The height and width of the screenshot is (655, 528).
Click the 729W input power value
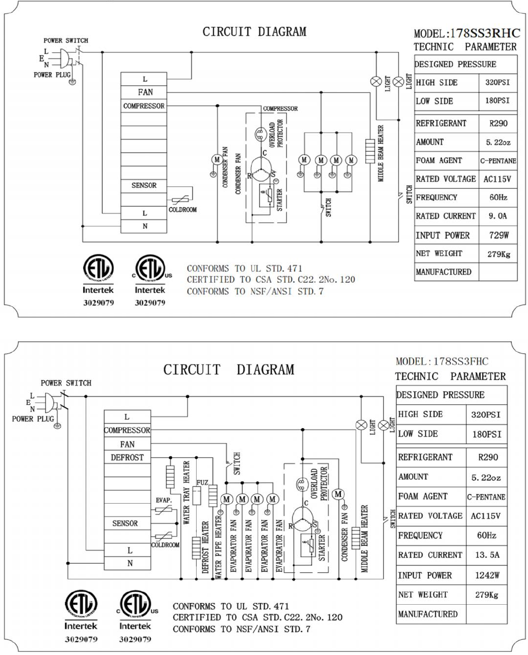[498, 235]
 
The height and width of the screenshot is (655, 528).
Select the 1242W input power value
[486, 575]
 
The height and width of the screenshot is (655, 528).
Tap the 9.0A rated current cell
[498, 216]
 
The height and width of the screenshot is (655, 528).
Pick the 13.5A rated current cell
[486, 555]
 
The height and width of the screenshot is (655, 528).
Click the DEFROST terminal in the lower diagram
[127, 457]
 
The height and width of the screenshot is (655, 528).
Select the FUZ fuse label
[202, 482]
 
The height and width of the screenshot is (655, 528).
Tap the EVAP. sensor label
[164, 500]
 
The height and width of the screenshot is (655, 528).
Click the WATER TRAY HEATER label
[186, 493]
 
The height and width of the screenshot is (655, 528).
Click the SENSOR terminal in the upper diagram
[144, 185]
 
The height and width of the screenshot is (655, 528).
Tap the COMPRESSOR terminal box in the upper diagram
[144, 106]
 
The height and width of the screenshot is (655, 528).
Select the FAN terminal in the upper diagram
[145, 92]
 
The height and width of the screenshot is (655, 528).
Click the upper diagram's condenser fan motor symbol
[216, 159]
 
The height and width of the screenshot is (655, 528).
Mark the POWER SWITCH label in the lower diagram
[66, 383]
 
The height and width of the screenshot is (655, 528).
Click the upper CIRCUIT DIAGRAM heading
[255, 32]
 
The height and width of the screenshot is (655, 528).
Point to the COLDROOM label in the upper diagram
[182, 210]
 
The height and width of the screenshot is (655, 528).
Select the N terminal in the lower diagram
[130, 563]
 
